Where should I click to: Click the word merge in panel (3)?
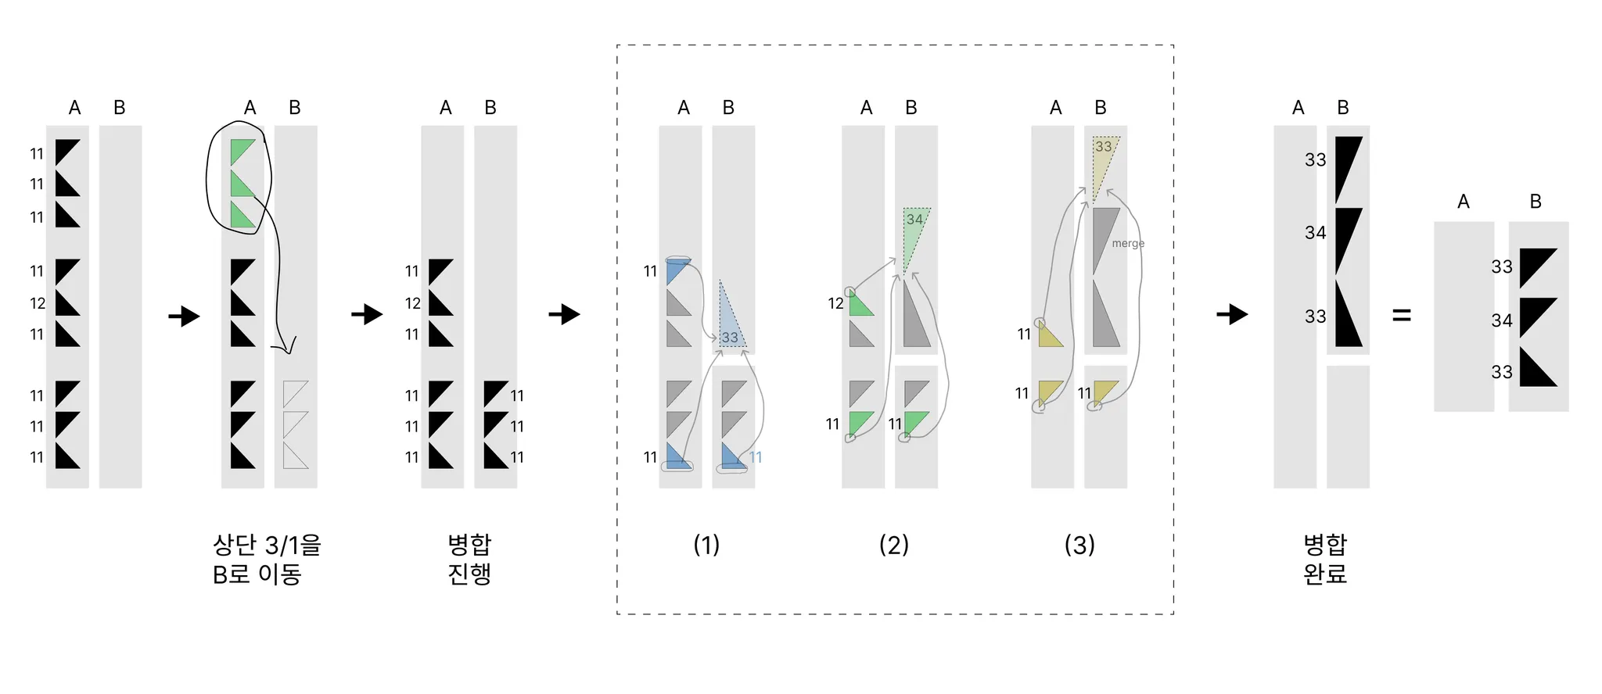1128,244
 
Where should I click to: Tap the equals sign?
1402,316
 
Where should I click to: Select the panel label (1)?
706,545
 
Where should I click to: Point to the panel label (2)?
893,545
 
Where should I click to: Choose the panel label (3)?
1079,545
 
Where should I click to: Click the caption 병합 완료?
1325,559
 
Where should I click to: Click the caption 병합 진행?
469,559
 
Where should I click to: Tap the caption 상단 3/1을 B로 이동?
266,559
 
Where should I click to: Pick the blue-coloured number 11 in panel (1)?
756,457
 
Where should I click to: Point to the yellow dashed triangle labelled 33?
1104,160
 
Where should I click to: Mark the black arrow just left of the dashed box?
564,315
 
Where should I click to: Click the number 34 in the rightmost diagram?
1501,320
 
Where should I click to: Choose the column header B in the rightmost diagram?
1536,202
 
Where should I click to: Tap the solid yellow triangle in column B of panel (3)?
1104,390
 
